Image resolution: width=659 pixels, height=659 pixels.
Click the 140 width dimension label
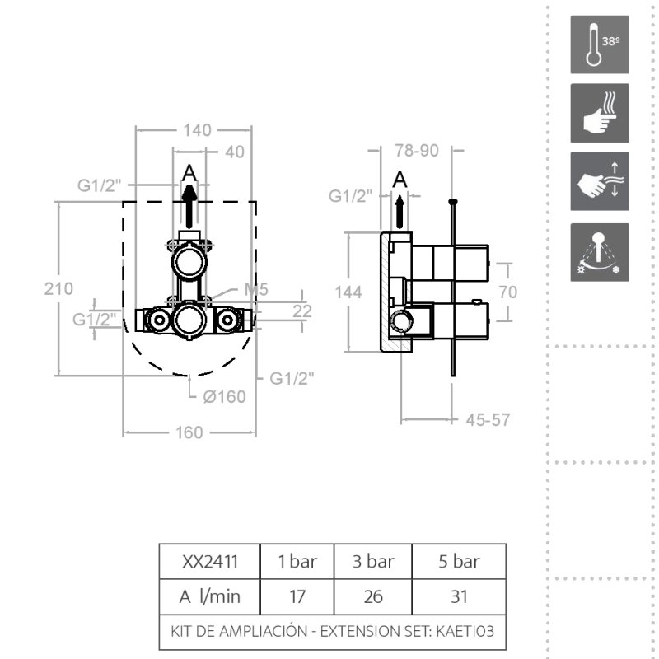point(197,130)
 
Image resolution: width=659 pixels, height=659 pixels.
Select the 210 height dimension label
point(58,289)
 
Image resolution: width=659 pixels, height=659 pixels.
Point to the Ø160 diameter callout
point(224,397)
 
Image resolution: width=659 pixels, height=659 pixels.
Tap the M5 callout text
point(256,289)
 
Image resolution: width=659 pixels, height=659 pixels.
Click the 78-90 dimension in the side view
point(417,151)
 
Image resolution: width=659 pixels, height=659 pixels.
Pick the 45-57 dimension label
point(488,419)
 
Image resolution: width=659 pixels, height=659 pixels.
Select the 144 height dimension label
point(348,292)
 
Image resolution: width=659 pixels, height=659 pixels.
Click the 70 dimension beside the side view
point(508,292)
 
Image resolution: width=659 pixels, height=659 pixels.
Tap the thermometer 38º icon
point(600,44)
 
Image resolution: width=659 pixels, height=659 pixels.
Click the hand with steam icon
point(600,113)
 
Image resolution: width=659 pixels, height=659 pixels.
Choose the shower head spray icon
point(600,252)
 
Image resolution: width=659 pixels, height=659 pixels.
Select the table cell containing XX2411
point(210,562)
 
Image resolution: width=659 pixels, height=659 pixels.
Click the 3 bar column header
point(373,562)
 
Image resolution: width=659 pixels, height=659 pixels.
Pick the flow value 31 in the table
point(459,596)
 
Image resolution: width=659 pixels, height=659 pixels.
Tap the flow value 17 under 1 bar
point(297,596)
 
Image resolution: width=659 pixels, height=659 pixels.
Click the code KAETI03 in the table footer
point(465,631)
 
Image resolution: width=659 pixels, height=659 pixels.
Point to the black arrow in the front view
point(189,207)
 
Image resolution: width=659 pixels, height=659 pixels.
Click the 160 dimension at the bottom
point(189,432)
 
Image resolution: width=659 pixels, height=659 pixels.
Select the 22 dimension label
point(302,311)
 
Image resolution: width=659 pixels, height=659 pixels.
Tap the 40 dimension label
point(235,152)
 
